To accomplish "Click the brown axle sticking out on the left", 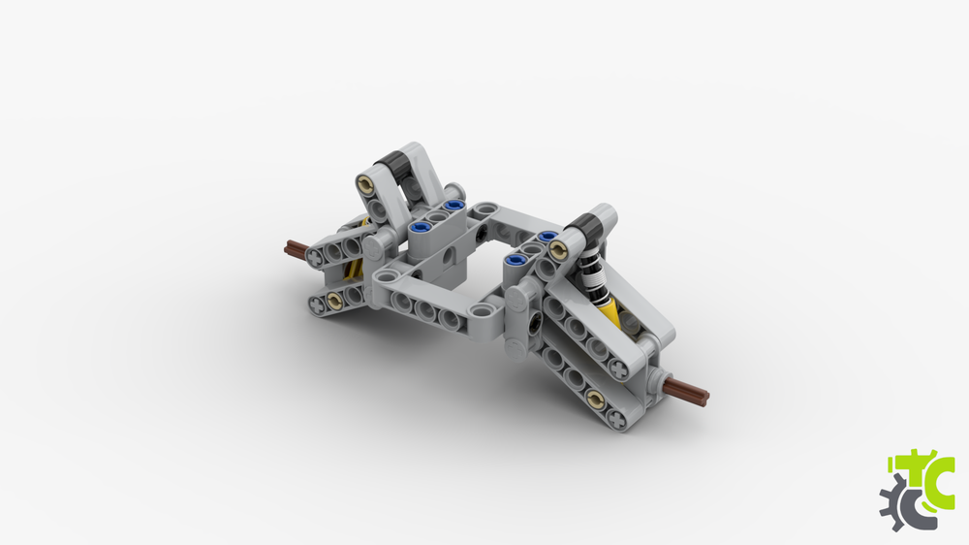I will tap(296, 250).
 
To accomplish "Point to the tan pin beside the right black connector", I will tap(559, 250).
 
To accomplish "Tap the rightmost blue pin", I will tap(547, 236).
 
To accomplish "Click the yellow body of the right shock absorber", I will tap(610, 311).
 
